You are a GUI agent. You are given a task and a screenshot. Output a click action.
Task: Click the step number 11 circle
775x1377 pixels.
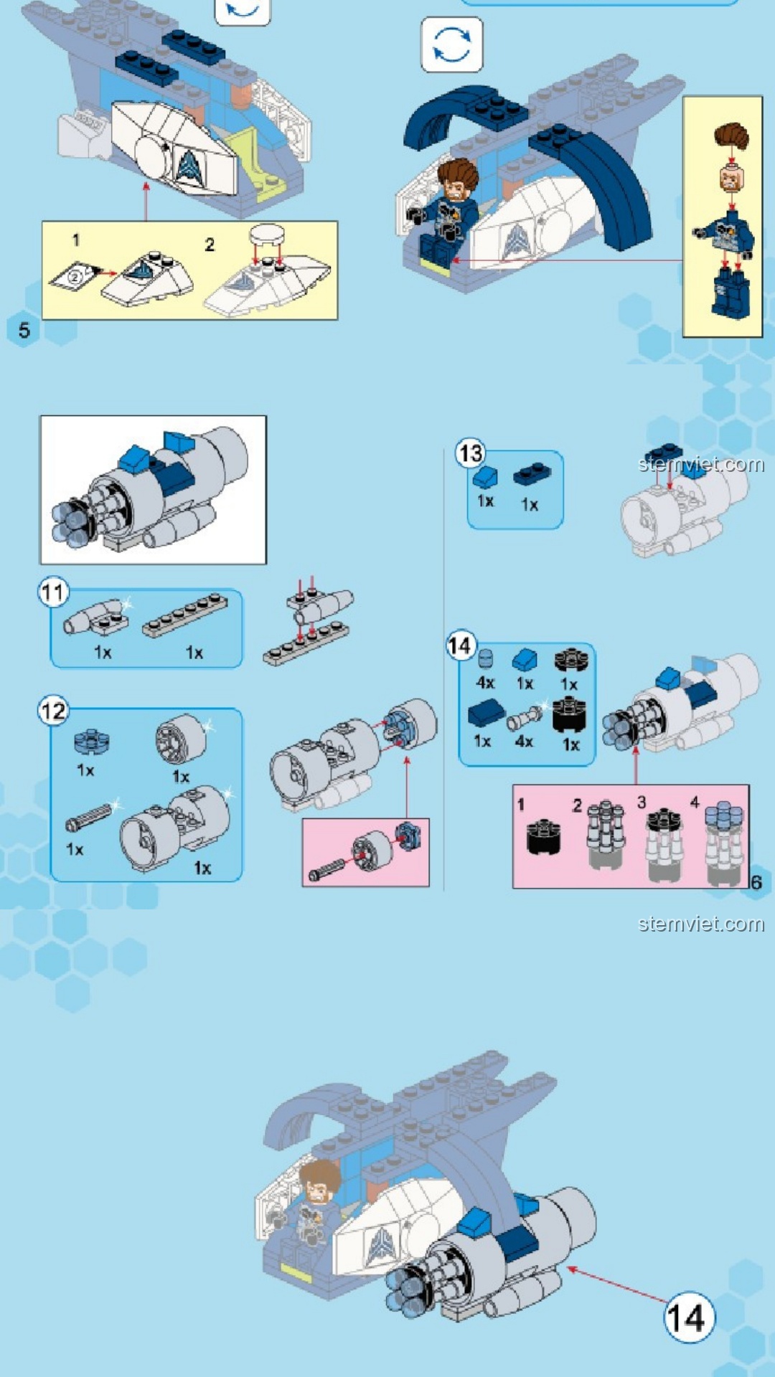[53, 592]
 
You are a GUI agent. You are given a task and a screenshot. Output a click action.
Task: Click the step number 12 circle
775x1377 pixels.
[53, 711]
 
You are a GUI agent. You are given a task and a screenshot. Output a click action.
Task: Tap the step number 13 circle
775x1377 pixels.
[470, 453]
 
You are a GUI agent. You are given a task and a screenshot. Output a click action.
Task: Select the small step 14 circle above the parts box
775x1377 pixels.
[460, 645]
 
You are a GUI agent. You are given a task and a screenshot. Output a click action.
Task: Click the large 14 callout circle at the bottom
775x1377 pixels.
[688, 1317]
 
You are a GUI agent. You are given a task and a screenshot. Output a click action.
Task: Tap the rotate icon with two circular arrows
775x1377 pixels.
[452, 44]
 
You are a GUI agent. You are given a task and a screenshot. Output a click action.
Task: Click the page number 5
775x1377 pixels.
[24, 331]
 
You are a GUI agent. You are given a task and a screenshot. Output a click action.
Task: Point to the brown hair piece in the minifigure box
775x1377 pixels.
[731, 136]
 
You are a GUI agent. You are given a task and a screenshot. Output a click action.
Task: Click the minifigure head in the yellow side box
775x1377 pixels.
[731, 178]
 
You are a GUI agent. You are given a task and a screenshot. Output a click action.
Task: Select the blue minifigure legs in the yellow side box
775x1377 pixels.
[731, 294]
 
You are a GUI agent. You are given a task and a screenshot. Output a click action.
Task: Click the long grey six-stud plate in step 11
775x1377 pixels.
[185, 616]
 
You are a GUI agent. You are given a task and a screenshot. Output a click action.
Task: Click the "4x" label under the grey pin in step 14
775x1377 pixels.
[525, 741]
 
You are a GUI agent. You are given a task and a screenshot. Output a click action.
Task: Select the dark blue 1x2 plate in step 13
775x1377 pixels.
[532, 474]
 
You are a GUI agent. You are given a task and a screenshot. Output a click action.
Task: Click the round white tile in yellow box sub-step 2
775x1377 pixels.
[266, 234]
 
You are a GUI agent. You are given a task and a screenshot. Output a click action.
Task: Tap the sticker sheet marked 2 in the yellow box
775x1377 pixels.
[75, 276]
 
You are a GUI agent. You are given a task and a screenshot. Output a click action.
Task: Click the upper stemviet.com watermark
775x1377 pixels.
[701, 465]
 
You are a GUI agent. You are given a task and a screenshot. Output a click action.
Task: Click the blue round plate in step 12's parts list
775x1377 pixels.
[91, 742]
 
